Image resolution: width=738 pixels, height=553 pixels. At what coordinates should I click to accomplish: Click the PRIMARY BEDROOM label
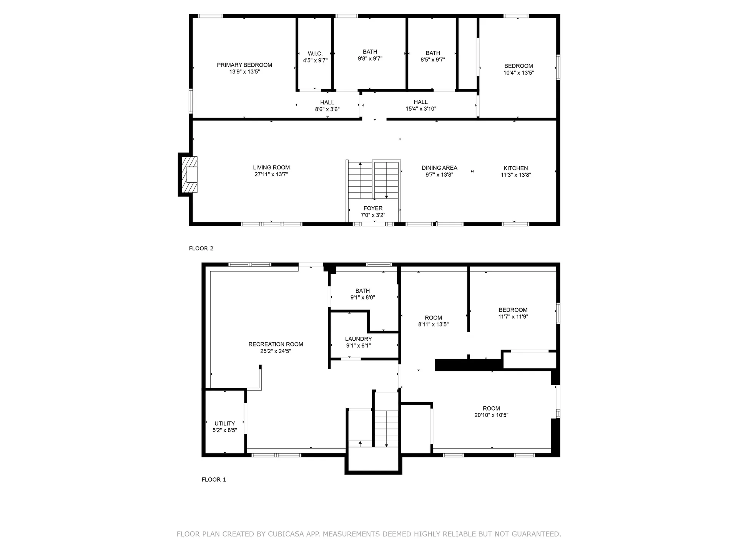(244, 65)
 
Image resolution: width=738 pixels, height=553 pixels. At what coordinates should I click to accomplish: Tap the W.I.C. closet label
(315, 54)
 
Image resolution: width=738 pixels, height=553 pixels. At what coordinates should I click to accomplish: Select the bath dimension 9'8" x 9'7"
(370, 59)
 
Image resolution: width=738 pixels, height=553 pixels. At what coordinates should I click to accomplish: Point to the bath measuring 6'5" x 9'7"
(433, 56)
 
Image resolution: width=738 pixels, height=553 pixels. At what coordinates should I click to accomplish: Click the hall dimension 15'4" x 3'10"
(421, 109)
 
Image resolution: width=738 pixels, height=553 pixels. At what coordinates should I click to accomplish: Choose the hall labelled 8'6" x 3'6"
(327, 106)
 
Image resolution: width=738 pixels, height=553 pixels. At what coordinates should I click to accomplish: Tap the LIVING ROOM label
(271, 167)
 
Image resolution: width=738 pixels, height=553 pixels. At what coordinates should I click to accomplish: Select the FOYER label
(373, 208)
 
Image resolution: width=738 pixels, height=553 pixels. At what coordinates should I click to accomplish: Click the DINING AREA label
(439, 168)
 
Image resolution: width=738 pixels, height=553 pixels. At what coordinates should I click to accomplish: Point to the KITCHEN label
(515, 168)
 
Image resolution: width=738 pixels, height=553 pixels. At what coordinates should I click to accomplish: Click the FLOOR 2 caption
(201, 248)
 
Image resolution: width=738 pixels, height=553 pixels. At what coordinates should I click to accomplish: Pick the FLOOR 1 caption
(214, 480)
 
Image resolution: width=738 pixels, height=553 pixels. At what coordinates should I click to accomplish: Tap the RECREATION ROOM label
(276, 344)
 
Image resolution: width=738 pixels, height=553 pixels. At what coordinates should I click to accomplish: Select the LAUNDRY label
(358, 339)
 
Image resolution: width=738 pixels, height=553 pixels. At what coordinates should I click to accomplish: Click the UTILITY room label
(224, 424)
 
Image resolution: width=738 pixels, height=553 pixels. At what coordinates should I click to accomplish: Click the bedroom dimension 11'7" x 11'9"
(513, 317)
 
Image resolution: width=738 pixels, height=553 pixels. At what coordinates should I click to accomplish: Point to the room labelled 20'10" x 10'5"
(491, 412)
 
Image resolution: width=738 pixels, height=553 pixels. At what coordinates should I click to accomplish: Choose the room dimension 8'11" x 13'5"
(433, 325)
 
